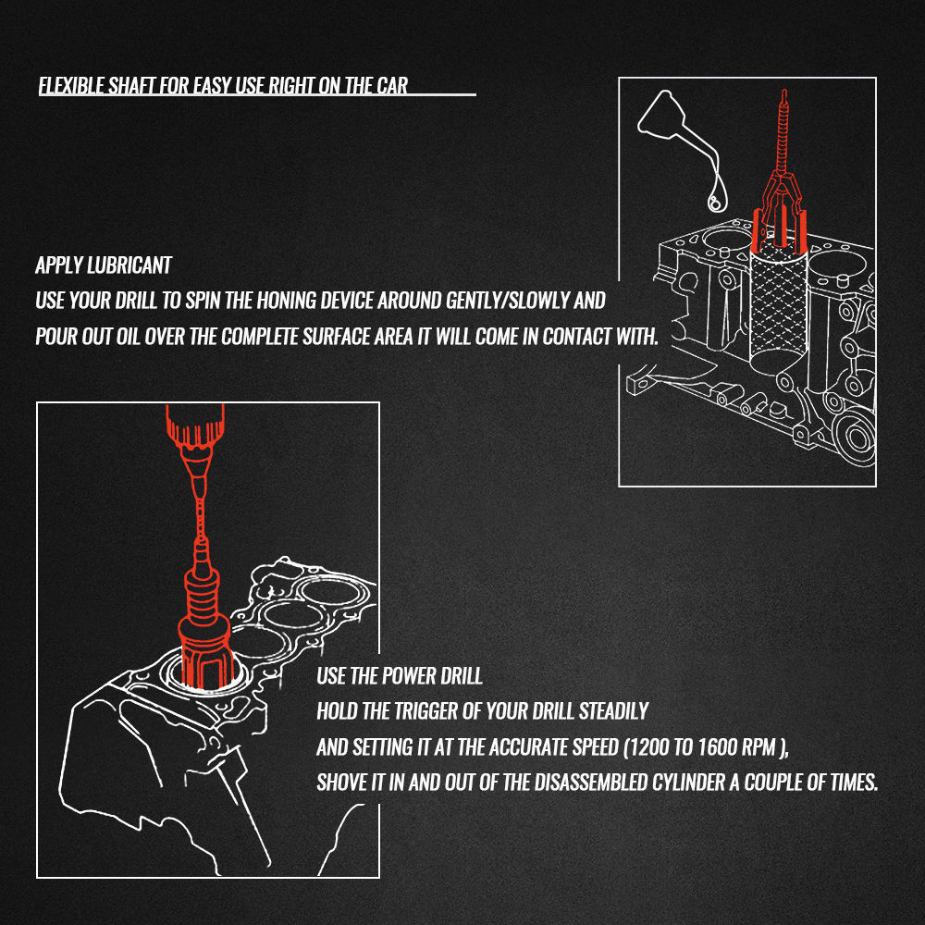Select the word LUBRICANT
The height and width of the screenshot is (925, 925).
point(129,265)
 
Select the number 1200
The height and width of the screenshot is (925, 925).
point(647,747)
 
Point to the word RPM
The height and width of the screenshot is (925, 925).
point(759,747)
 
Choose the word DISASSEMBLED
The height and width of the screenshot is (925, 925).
point(590,783)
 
